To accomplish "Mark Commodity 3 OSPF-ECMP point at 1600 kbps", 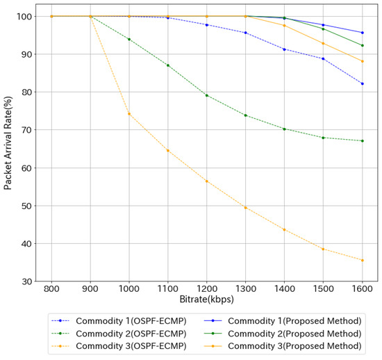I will tap(362, 261).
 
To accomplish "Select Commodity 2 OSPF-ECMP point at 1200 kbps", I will tap(207, 95).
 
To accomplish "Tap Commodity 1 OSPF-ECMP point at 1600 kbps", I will tap(362, 83).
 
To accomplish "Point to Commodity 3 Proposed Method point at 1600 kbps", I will tap(362, 61).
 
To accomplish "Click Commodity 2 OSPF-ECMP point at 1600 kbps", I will tap(362, 141).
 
